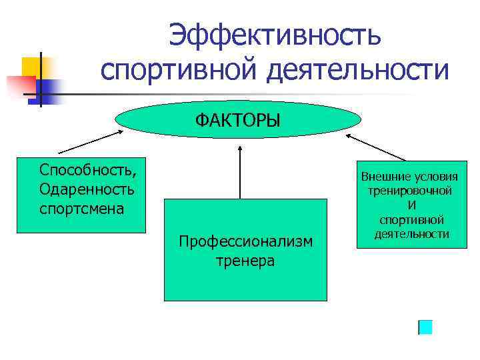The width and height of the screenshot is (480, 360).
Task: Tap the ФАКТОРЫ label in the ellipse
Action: pos(238,121)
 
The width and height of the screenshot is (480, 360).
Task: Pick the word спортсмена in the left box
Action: pos(81,208)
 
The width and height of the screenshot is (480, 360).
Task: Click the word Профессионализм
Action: pos(245,241)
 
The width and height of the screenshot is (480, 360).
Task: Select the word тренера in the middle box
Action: pos(245,260)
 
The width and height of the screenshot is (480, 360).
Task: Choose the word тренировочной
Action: pos(410,191)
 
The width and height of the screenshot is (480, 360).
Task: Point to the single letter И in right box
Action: pos(411,205)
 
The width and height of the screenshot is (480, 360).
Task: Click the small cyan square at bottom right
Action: pos(425,327)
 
